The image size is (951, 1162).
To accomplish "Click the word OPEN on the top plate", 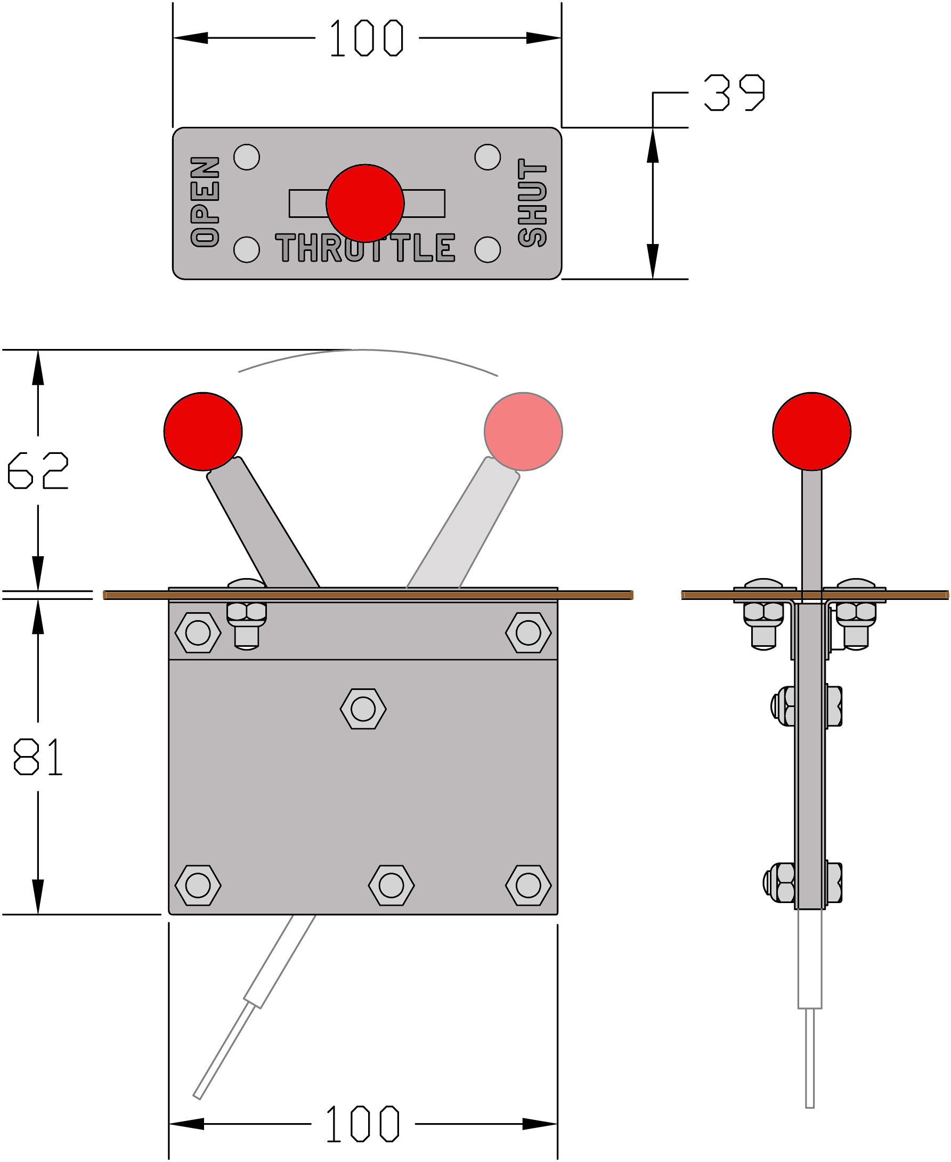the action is click(x=205, y=201).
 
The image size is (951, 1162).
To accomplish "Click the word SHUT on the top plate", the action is click(x=532, y=202).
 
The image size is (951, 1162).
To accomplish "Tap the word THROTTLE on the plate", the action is click(x=365, y=248).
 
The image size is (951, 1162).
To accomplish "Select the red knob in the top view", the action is click(x=365, y=203).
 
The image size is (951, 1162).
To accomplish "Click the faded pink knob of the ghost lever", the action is click(x=523, y=432).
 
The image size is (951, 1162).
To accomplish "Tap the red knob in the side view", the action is click(x=812, y=432).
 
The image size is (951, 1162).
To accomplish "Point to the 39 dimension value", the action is click(x=734, y=93).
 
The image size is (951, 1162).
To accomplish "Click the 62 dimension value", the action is click(x=38, y=470).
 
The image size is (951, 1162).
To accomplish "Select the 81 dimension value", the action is click(x=38, y=757).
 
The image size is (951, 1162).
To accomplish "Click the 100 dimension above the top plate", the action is click(x=367, y=38).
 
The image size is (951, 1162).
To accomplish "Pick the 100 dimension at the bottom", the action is click(x=363, y=1124).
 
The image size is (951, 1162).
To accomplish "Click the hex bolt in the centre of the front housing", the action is click(x=363, y=709).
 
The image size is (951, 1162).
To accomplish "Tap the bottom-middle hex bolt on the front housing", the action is click(x=391, y=885).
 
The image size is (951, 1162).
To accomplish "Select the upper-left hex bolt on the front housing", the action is click(x=198, y=633).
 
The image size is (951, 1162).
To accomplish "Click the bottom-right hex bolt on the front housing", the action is click(x=528, y=885).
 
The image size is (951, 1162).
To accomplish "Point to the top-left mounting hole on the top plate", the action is click(x=247, y=157).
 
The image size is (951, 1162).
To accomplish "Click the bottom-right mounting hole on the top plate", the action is click(x=487, y=250).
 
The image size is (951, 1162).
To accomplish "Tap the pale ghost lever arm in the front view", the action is click(x=464, y=523).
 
